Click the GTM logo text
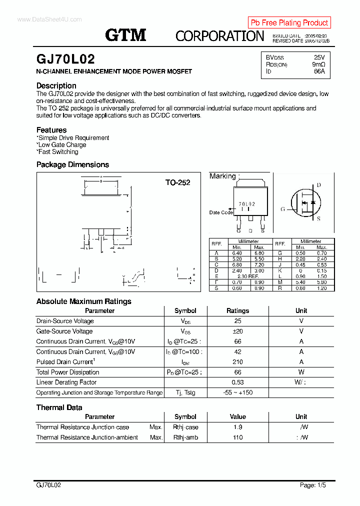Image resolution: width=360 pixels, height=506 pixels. click(125, 35)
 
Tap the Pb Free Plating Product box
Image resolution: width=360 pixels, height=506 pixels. click(289, 22)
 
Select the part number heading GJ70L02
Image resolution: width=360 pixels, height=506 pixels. click(65, 59)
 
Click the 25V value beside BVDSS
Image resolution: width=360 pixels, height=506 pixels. click(319, 57)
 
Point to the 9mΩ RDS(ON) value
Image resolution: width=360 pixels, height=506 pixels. click(318, 64)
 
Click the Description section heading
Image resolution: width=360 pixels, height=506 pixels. click(56, 85)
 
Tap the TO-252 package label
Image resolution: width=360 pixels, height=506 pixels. click(178, 182)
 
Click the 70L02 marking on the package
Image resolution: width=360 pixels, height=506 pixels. click(246, 204)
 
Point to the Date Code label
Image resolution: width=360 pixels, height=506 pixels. click(220, 212)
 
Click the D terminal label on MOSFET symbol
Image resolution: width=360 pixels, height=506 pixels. click(318, 185)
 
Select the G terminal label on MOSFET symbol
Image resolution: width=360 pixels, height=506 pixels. click(282, 209)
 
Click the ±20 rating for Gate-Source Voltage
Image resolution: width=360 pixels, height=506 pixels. click(237, 331)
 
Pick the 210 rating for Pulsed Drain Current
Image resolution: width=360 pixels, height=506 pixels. click(237, 362)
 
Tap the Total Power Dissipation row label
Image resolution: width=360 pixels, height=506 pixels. click(67, 372)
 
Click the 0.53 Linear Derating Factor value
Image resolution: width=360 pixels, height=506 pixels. click(237, 382)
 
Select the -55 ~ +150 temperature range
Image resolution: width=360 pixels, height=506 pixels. click(237, 392)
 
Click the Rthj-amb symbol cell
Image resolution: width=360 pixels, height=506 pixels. click(185, 437)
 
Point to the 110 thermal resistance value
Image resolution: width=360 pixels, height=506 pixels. click(237, 437)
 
